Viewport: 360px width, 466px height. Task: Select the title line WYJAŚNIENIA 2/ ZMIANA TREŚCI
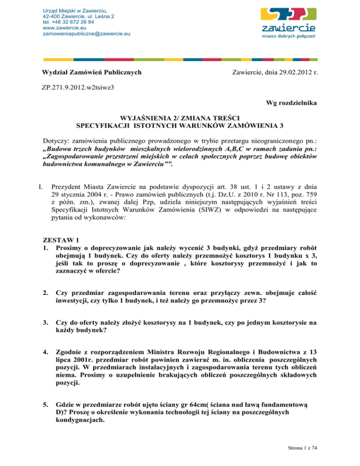click(x=180, y=119)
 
